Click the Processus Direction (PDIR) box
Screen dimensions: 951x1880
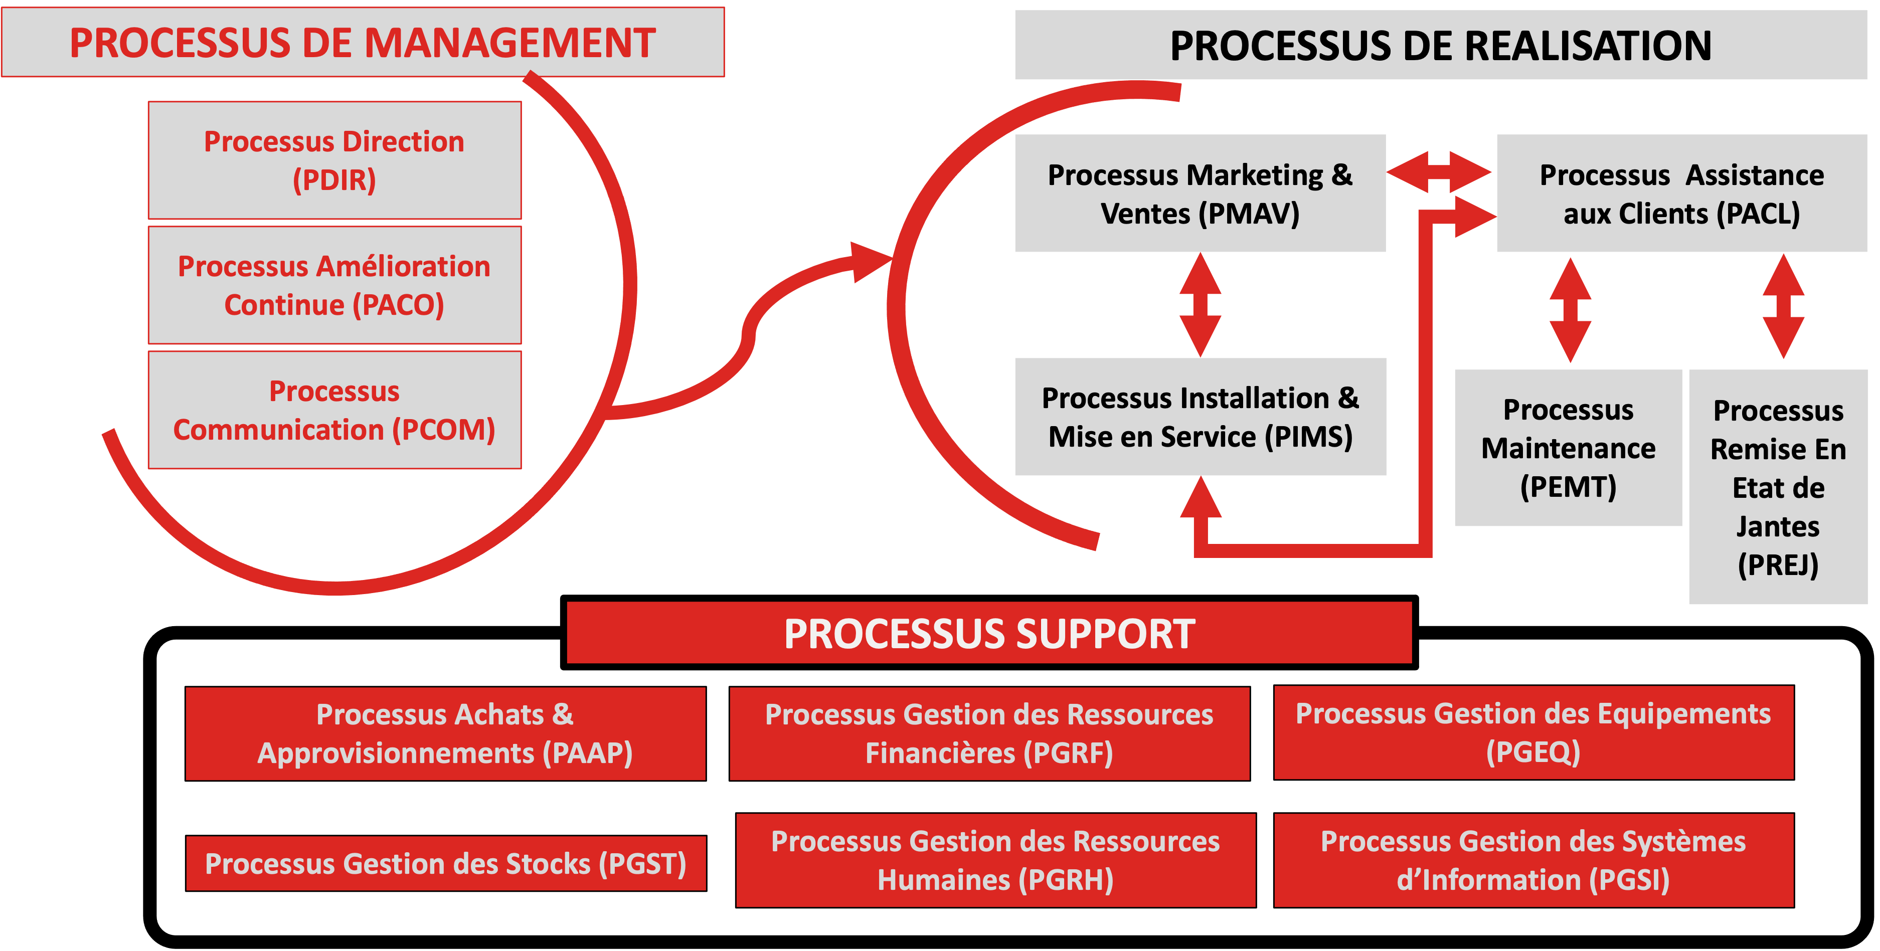[334, 160]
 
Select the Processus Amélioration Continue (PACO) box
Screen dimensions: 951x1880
[334, 285]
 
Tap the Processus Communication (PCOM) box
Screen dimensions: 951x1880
[334, 410]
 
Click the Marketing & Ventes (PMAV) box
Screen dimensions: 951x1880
[1200, 194]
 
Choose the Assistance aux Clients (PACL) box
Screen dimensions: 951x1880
[1681, 194]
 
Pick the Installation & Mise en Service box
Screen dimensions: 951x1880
[1200, 417]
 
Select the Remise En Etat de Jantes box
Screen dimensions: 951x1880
[1778, 487]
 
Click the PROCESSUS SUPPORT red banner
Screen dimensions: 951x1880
[989, 633]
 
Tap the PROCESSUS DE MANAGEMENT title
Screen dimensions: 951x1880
[363, 42]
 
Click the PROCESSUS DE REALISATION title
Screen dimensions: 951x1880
[1440, 45]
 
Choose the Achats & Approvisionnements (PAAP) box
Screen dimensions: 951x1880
[445, 733]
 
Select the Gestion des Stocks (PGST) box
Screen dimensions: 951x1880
[445, 863]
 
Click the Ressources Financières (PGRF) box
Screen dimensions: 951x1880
[989, 733]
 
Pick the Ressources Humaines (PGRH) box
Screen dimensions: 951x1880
[995, 860]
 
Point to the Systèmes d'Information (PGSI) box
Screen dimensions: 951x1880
[1533, 860]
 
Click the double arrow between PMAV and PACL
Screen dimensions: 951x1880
[1439, 172]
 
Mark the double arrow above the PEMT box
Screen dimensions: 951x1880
[1570, 309]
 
